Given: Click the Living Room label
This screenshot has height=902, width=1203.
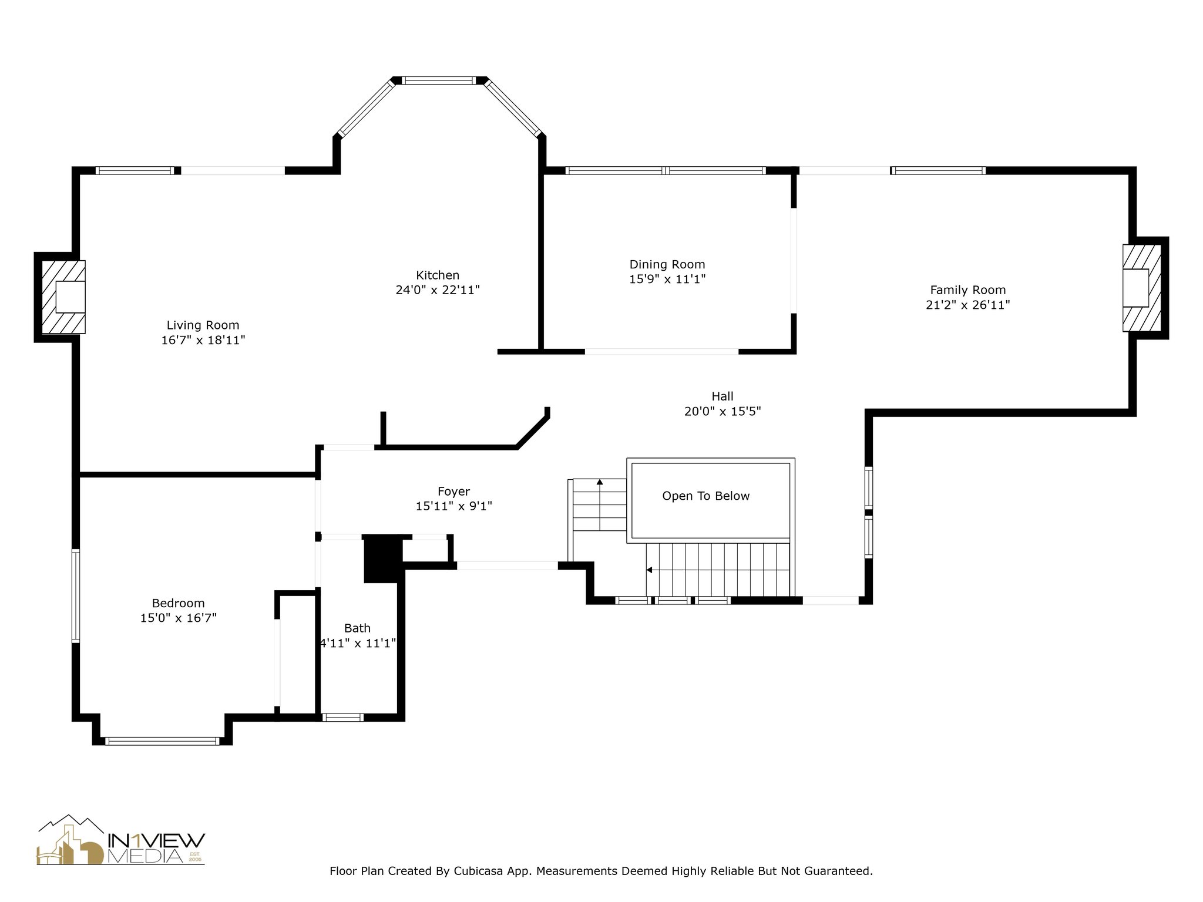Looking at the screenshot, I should click(x=203, y=325).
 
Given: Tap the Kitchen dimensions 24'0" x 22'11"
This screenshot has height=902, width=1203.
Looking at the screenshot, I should click(x=438, y=290).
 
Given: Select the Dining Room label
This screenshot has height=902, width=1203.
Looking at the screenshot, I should click(x=667, y=264).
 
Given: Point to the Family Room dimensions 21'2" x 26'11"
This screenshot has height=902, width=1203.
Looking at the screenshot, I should click(x=967, y=305).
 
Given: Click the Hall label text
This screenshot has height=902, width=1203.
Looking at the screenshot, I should click(x=723, y=396).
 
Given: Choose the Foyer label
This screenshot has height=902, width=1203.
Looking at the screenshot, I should click(x=453, y=492).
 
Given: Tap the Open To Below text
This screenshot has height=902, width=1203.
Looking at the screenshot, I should click(x=705, y=496).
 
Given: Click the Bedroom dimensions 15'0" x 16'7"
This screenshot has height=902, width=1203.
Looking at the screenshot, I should click(x=178, y=618).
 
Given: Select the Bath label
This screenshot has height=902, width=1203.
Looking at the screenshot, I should click(x=357, y=628).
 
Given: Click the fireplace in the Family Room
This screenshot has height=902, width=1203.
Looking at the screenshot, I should click(x=1142, y=288).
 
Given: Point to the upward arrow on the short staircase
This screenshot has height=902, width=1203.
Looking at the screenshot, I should click(x=600, y=483).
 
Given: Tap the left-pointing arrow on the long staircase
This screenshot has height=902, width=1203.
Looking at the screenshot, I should click(x=649, y=570).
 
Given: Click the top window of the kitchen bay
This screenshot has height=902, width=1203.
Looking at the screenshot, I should click(x=438, y=80).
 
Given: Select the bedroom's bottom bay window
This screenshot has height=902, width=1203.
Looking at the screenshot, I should click(x=162, y=741).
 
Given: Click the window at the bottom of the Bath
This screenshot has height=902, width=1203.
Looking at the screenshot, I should click(x=343, y=717).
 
